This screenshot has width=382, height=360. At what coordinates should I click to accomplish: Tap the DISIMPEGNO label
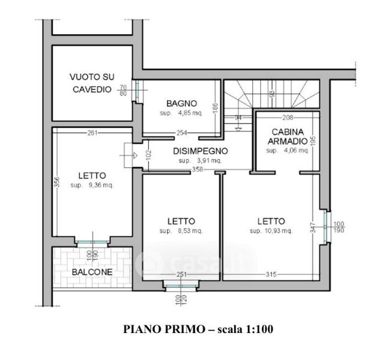pyautogui.click(x=199, y=151)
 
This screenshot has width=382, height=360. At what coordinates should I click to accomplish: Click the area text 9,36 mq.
pyautogui.click(x=92, y=185)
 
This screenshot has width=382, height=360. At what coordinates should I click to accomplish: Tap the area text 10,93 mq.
pyautogui.click(x=271, y=230)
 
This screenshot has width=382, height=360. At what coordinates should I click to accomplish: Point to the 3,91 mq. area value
pyautogui.click(x=199, y=161)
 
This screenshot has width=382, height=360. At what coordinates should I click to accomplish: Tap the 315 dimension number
pyautogui.click(x=271, y=274)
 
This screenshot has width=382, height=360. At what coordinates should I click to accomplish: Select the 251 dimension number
pyautogui.click(x=181, y=274)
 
